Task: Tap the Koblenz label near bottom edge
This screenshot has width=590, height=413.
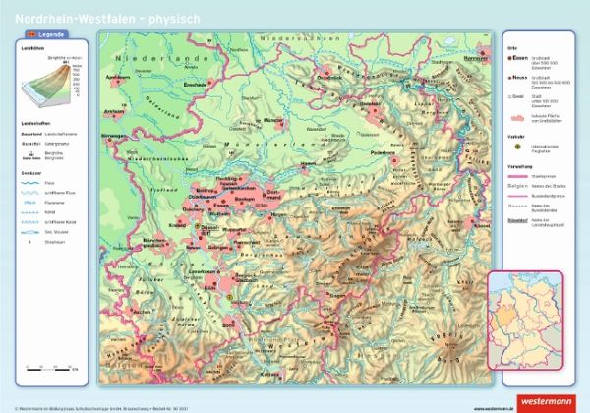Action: pos(267,375)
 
